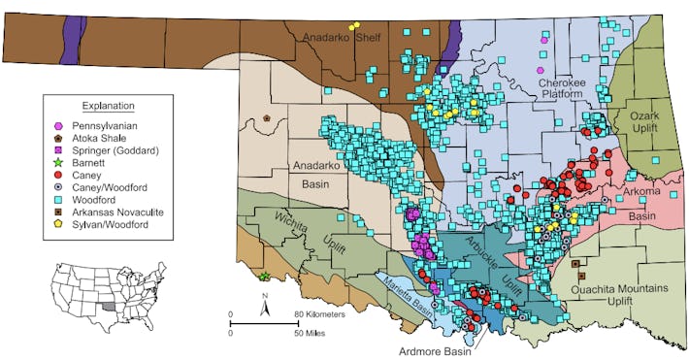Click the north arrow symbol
coord(264,311)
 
